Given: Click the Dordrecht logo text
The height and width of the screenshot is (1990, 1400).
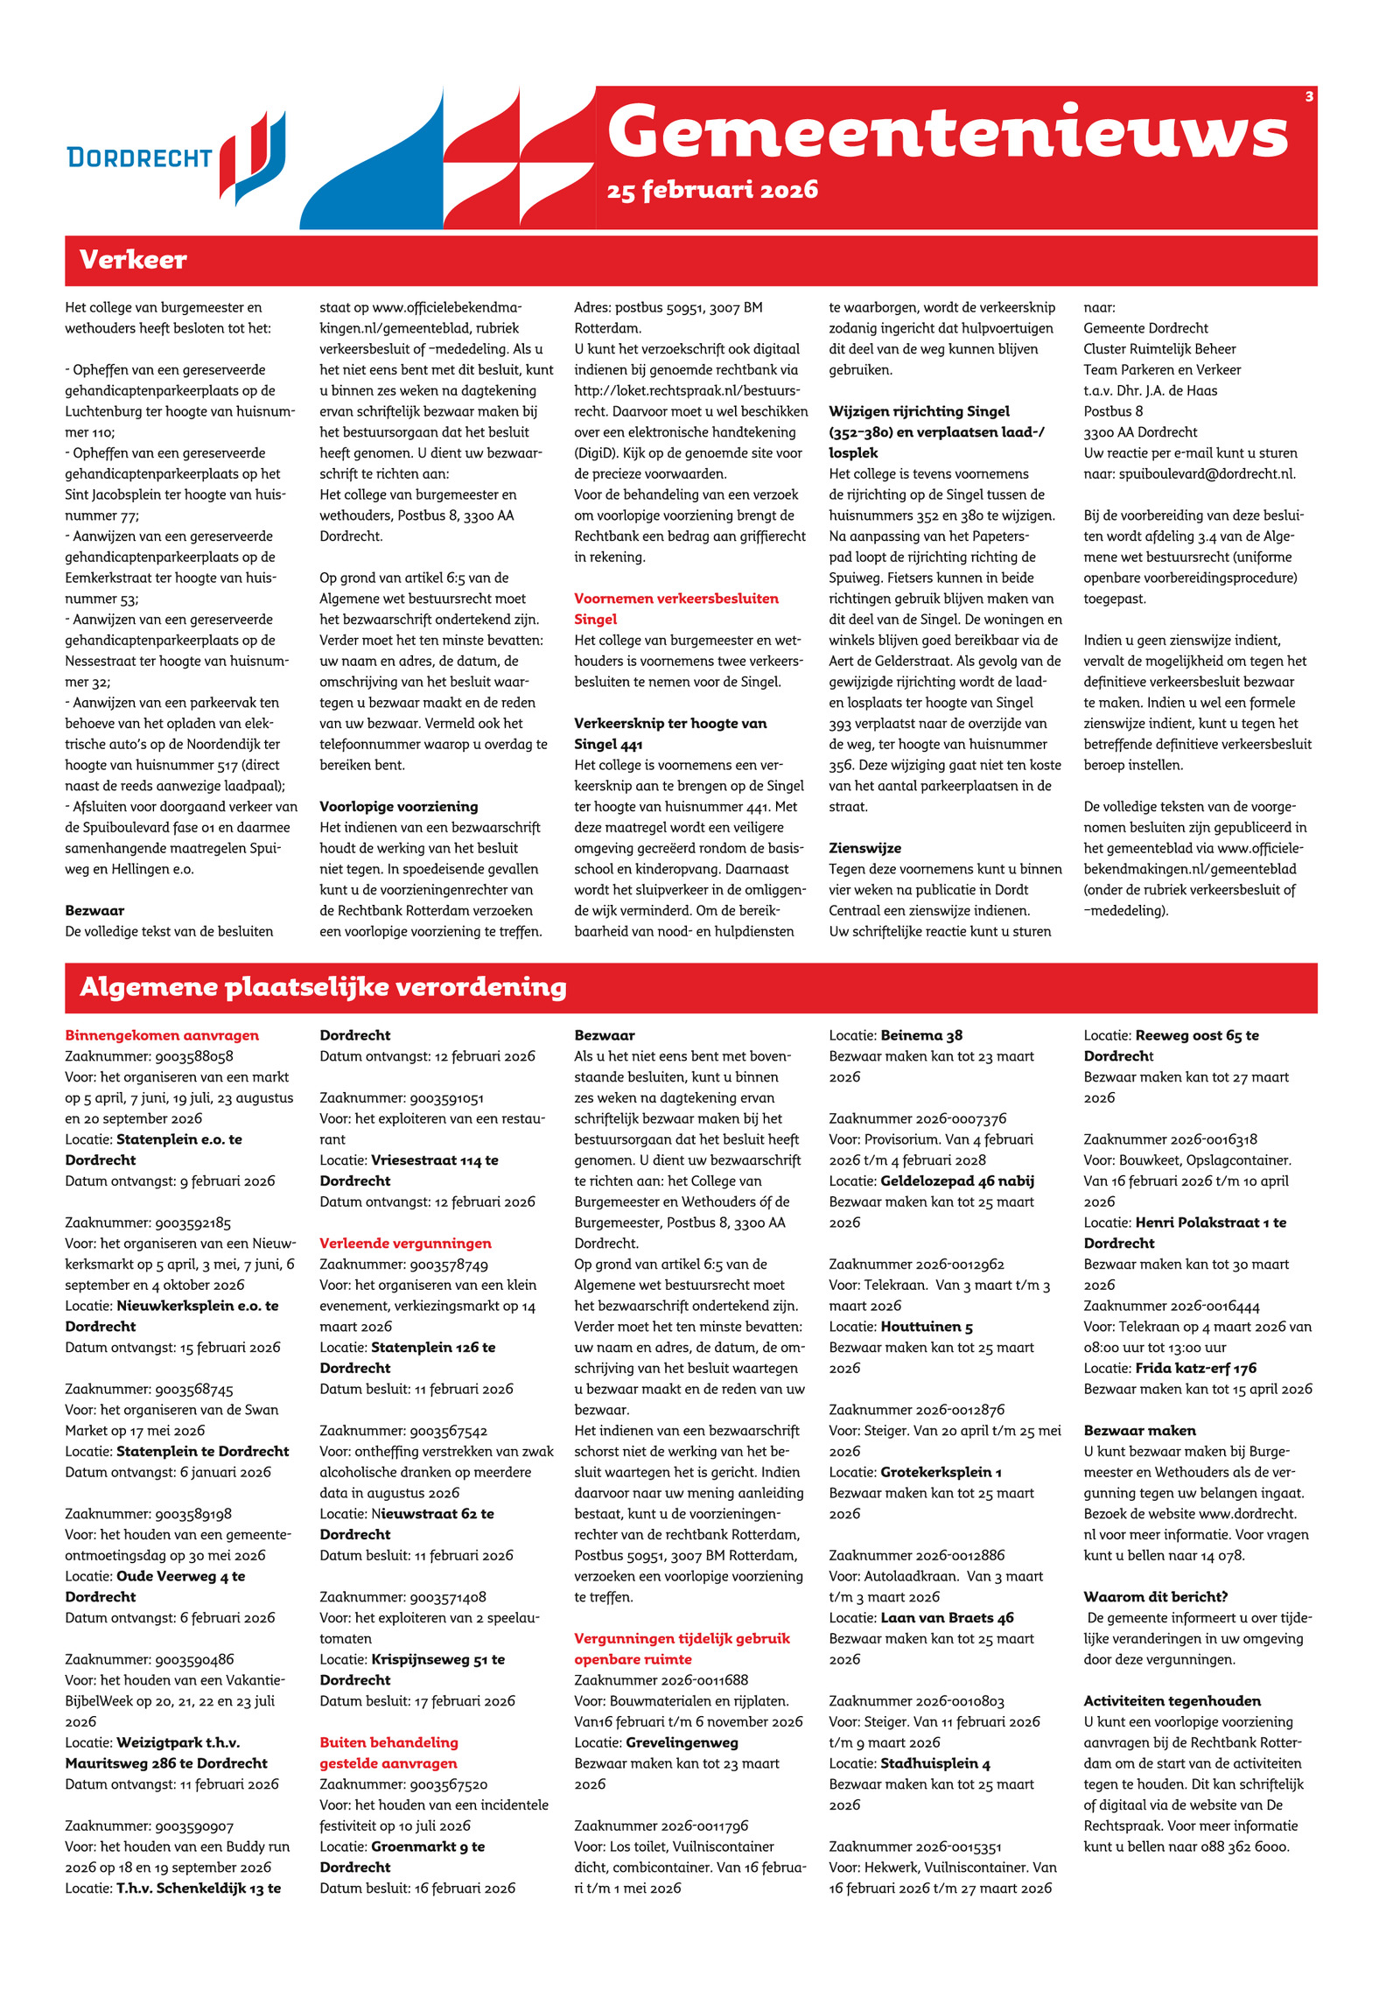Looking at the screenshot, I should [x=139, y=158].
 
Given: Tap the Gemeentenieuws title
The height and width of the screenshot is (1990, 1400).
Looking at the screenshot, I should [x=947, y=131].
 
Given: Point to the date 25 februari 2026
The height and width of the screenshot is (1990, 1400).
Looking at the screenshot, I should [x=712, y=190].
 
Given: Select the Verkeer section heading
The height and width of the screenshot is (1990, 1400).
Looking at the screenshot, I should [x=133, y=260].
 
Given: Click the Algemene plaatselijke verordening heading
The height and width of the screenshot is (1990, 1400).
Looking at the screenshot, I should [x=323, y=987].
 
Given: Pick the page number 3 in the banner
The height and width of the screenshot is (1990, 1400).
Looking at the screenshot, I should [x=1309, y=96].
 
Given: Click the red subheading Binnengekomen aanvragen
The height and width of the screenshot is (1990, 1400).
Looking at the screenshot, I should [x=162, y=1035].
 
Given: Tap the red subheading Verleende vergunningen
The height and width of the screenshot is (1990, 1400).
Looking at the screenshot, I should [x=405, y=1244].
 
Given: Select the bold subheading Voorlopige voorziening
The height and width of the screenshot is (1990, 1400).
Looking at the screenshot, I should [x=398, y=807].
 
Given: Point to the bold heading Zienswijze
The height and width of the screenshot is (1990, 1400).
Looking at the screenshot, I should [x=864, y=848].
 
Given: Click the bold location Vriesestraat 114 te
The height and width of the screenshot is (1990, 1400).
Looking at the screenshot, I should [x=435, y=1160].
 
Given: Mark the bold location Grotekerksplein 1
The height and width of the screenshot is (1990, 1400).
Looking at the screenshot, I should [x=941, y=1472].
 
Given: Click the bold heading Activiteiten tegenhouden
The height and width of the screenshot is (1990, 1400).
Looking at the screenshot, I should [x=1172, y=1701].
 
